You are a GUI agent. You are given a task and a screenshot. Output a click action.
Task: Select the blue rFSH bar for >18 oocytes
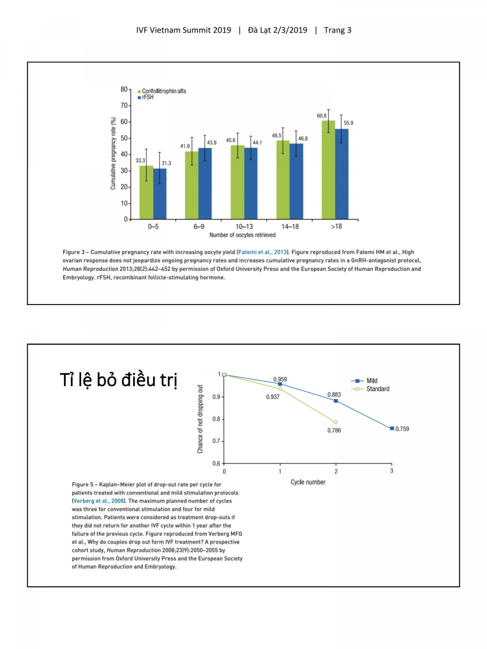pyautogui.click(x=341, y=174)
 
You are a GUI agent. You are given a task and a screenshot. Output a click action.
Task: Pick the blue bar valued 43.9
pyautogui.click(x=205, y=183)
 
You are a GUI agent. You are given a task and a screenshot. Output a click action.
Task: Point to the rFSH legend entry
pyautogui.click(x=146, y=98)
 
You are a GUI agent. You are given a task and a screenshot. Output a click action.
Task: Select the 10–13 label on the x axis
pyautogui.click(x=245, y=227)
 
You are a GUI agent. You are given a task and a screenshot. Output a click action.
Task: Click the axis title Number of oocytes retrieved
pyautogui.click(x=242, y=235)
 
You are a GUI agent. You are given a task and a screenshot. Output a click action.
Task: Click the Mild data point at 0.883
pyautogui.click(x=336, y=401)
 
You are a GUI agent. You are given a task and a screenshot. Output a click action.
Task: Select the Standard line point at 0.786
pyautogui.click(x=335, y=422)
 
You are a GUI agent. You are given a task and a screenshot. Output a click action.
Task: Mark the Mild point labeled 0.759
pyautogui.click(x=392, y=428)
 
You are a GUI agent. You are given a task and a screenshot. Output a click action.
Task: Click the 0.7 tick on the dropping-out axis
pyautogui.click(x=216, y=441)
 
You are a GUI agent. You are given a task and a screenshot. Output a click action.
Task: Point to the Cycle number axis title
pyautogui.click(x=308, y=482)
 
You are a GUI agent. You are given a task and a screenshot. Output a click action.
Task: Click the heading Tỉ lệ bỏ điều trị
pyautogui.click(x=119, y=380)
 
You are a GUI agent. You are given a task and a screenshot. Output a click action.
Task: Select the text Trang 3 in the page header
pyautogui.click(x=338, y=30)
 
